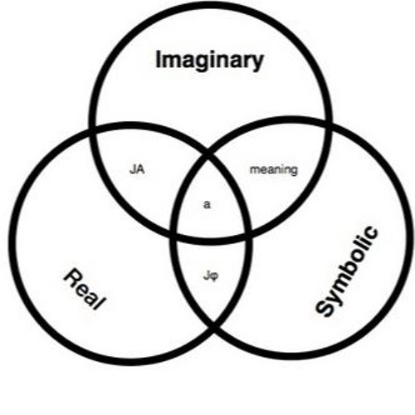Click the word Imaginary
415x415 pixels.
tap(210, 61)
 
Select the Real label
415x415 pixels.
tap(85, 289)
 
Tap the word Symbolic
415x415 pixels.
tap(347, 271)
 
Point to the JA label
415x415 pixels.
tap(137, 169)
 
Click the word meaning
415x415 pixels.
tap(274, 170)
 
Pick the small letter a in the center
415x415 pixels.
tap(207, 205)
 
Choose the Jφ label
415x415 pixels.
tap(211, 276)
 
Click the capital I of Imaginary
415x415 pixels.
tap(159, 59)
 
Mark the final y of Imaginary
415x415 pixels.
tap(258, 63)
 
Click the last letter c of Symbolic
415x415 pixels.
tap(370, 233)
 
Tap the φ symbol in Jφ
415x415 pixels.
tap(214, 276)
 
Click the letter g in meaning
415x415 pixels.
tap(294, 172)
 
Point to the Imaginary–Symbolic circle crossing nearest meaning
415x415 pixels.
tap(329, 124)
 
